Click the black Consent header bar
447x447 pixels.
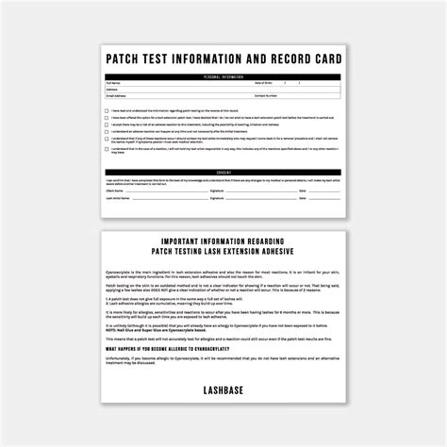[223, 171]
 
